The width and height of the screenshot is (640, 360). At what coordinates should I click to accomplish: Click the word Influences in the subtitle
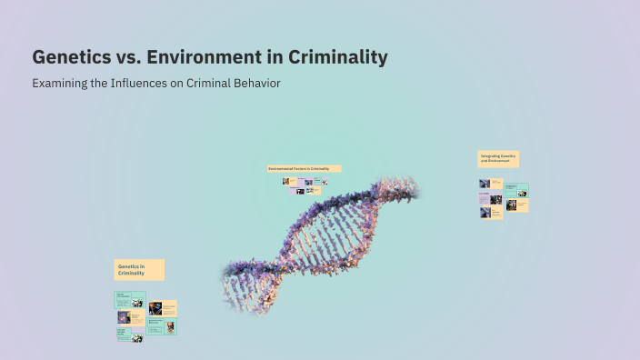click(153, 84)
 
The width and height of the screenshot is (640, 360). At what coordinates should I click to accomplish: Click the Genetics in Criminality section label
click(139, 269)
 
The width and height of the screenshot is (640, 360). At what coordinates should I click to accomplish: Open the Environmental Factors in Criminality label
click(304, 169)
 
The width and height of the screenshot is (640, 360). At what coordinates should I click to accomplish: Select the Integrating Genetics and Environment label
click(498, 159)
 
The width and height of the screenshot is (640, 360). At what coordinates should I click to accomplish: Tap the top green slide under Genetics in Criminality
click(129, 299)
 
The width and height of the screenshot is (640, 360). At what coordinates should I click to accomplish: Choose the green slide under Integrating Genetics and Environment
click(516, 191)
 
